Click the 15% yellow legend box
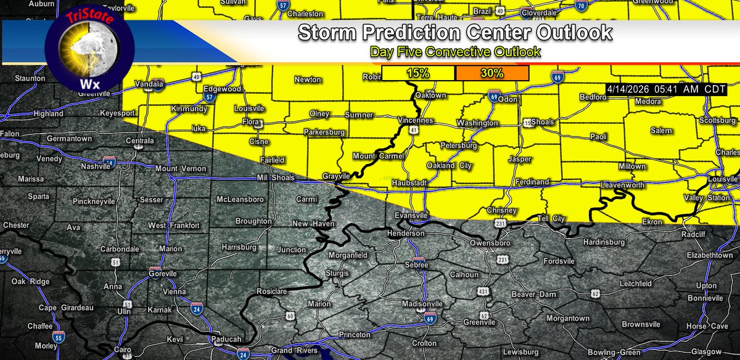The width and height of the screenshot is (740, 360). tap(418, 73)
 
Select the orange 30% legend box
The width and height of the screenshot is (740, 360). tap(492, 73)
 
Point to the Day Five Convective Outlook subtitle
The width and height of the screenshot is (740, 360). tap(455, 52)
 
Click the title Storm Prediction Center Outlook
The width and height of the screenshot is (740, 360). tap(455, 32)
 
